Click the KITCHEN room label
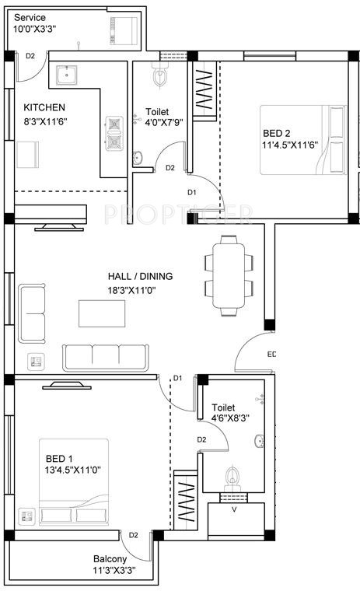pos(44,107)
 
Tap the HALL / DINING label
pos(140,276)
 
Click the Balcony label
pos(110,559)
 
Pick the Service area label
pos(30,17)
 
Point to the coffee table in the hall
pos(102,313)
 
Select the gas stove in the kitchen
pos(116,133)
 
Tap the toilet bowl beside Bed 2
pos(161,77)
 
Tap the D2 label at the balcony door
pos(134,535)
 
